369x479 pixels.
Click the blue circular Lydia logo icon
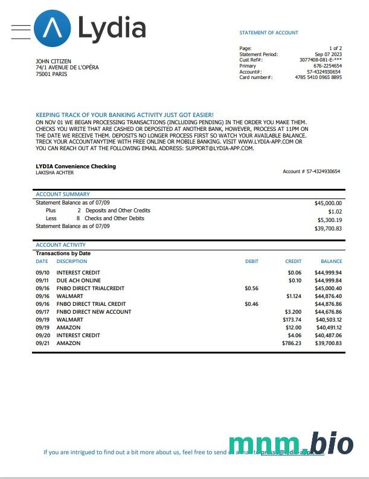click(52, 28)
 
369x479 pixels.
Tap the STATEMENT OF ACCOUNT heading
click(269, 33)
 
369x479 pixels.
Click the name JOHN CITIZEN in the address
click(51, 62)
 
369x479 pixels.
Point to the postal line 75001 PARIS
click(51, 74)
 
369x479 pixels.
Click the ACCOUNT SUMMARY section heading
click(63, 194)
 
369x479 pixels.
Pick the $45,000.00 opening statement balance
click(328, 203)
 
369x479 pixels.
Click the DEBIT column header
click(251, 261)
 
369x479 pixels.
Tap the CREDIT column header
click(293, 261)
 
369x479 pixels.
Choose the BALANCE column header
click(331, 261)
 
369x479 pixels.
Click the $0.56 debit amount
click(251, 288)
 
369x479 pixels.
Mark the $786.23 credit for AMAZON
click(291, 343)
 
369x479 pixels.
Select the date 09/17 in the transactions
click(42, 312)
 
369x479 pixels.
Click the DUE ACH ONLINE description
click(79, 281)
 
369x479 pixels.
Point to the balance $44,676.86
click(329, 312)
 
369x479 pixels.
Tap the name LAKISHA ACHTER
click(55, 173)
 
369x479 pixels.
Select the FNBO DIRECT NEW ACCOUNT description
click(94, 312)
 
